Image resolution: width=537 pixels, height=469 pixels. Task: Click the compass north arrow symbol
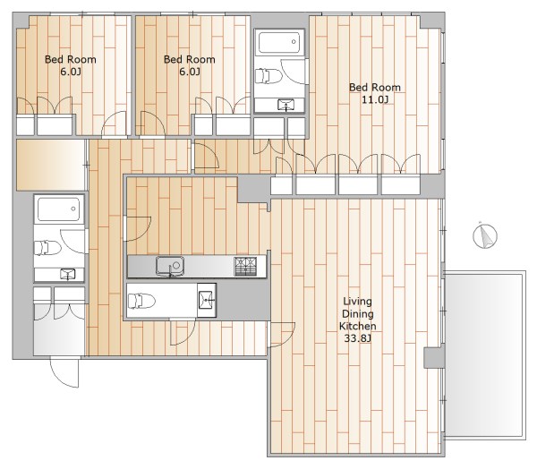click(x=485, y=235)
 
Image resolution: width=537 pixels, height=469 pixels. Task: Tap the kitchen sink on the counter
click(x=170, y=266)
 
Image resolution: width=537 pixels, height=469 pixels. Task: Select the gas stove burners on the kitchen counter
click(x=245, y=266)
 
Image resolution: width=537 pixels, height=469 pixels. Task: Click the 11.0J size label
click(x=375, y=99)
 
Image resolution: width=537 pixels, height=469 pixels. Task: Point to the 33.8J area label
click(x=357, y=338)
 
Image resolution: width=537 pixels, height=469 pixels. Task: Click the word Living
click(x=357, y=302)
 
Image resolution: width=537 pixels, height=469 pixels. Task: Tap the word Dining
click(x=357, y=314)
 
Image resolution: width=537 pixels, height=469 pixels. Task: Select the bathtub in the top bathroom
click(x=279, y=42)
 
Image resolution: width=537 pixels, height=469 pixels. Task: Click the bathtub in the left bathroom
click(x=59, y=209)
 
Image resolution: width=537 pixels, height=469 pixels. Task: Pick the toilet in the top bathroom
click(x=268, y=76)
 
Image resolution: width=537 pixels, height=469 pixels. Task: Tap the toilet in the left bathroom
click(x=47, y=248)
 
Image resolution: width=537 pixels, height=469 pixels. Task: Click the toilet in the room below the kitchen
click(x=141, y=301)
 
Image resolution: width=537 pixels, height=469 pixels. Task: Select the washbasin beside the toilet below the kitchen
click(x=207, y=300)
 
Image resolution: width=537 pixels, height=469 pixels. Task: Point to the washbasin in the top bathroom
click(x=286, y=105)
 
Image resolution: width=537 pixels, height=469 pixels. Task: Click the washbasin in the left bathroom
click(x=68, y=274)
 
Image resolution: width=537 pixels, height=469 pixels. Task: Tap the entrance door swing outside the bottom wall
click(x=64, y=372)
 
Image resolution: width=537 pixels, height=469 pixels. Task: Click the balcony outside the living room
click(x=485, y=355)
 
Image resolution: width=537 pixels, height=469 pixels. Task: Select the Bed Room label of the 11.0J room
click(x=375, y=88)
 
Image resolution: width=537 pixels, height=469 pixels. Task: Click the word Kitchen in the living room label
click(x=357, y=326)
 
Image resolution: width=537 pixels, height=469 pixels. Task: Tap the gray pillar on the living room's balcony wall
click(x=434, y=358)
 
